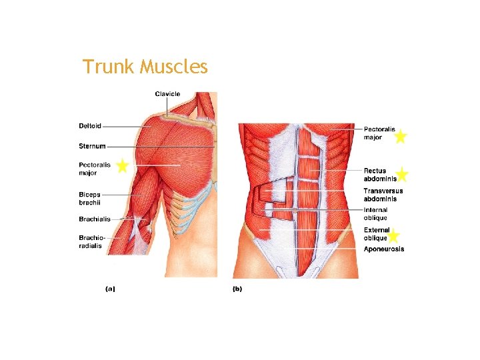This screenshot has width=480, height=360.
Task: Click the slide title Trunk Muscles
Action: click(x=145, y=67)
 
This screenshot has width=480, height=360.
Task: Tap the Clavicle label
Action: click(x=167, y=94)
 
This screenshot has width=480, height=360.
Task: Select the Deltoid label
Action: click(x=90, y=125)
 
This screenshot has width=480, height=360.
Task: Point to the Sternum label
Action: click(x=92, y=146)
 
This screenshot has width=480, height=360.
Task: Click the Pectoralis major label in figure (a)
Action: click(x=93, y=169)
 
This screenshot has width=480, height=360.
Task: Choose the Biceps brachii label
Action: click(x=89, y=199)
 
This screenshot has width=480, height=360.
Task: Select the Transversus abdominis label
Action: click(x=383, y=195)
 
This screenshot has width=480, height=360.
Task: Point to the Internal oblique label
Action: click(x=376, y=214)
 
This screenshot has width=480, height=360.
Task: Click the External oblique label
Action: click(x=376, y=234)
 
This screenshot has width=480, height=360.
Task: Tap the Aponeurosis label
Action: click(x=384, y=249)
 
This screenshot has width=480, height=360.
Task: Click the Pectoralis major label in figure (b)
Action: click(x=379, y=133)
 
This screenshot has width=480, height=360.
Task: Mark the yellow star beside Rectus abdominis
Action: click(x=402, y=175)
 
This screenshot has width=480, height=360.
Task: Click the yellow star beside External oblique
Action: click(x=393, y=235)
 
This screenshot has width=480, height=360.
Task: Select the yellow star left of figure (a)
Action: click(x=122, y=165)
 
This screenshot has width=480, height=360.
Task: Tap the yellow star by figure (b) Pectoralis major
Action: click(x=400, y=137)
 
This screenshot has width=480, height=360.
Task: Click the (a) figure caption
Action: click(x=110, y=289)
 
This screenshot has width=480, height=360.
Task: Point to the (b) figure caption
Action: click(x=237, y=289)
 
